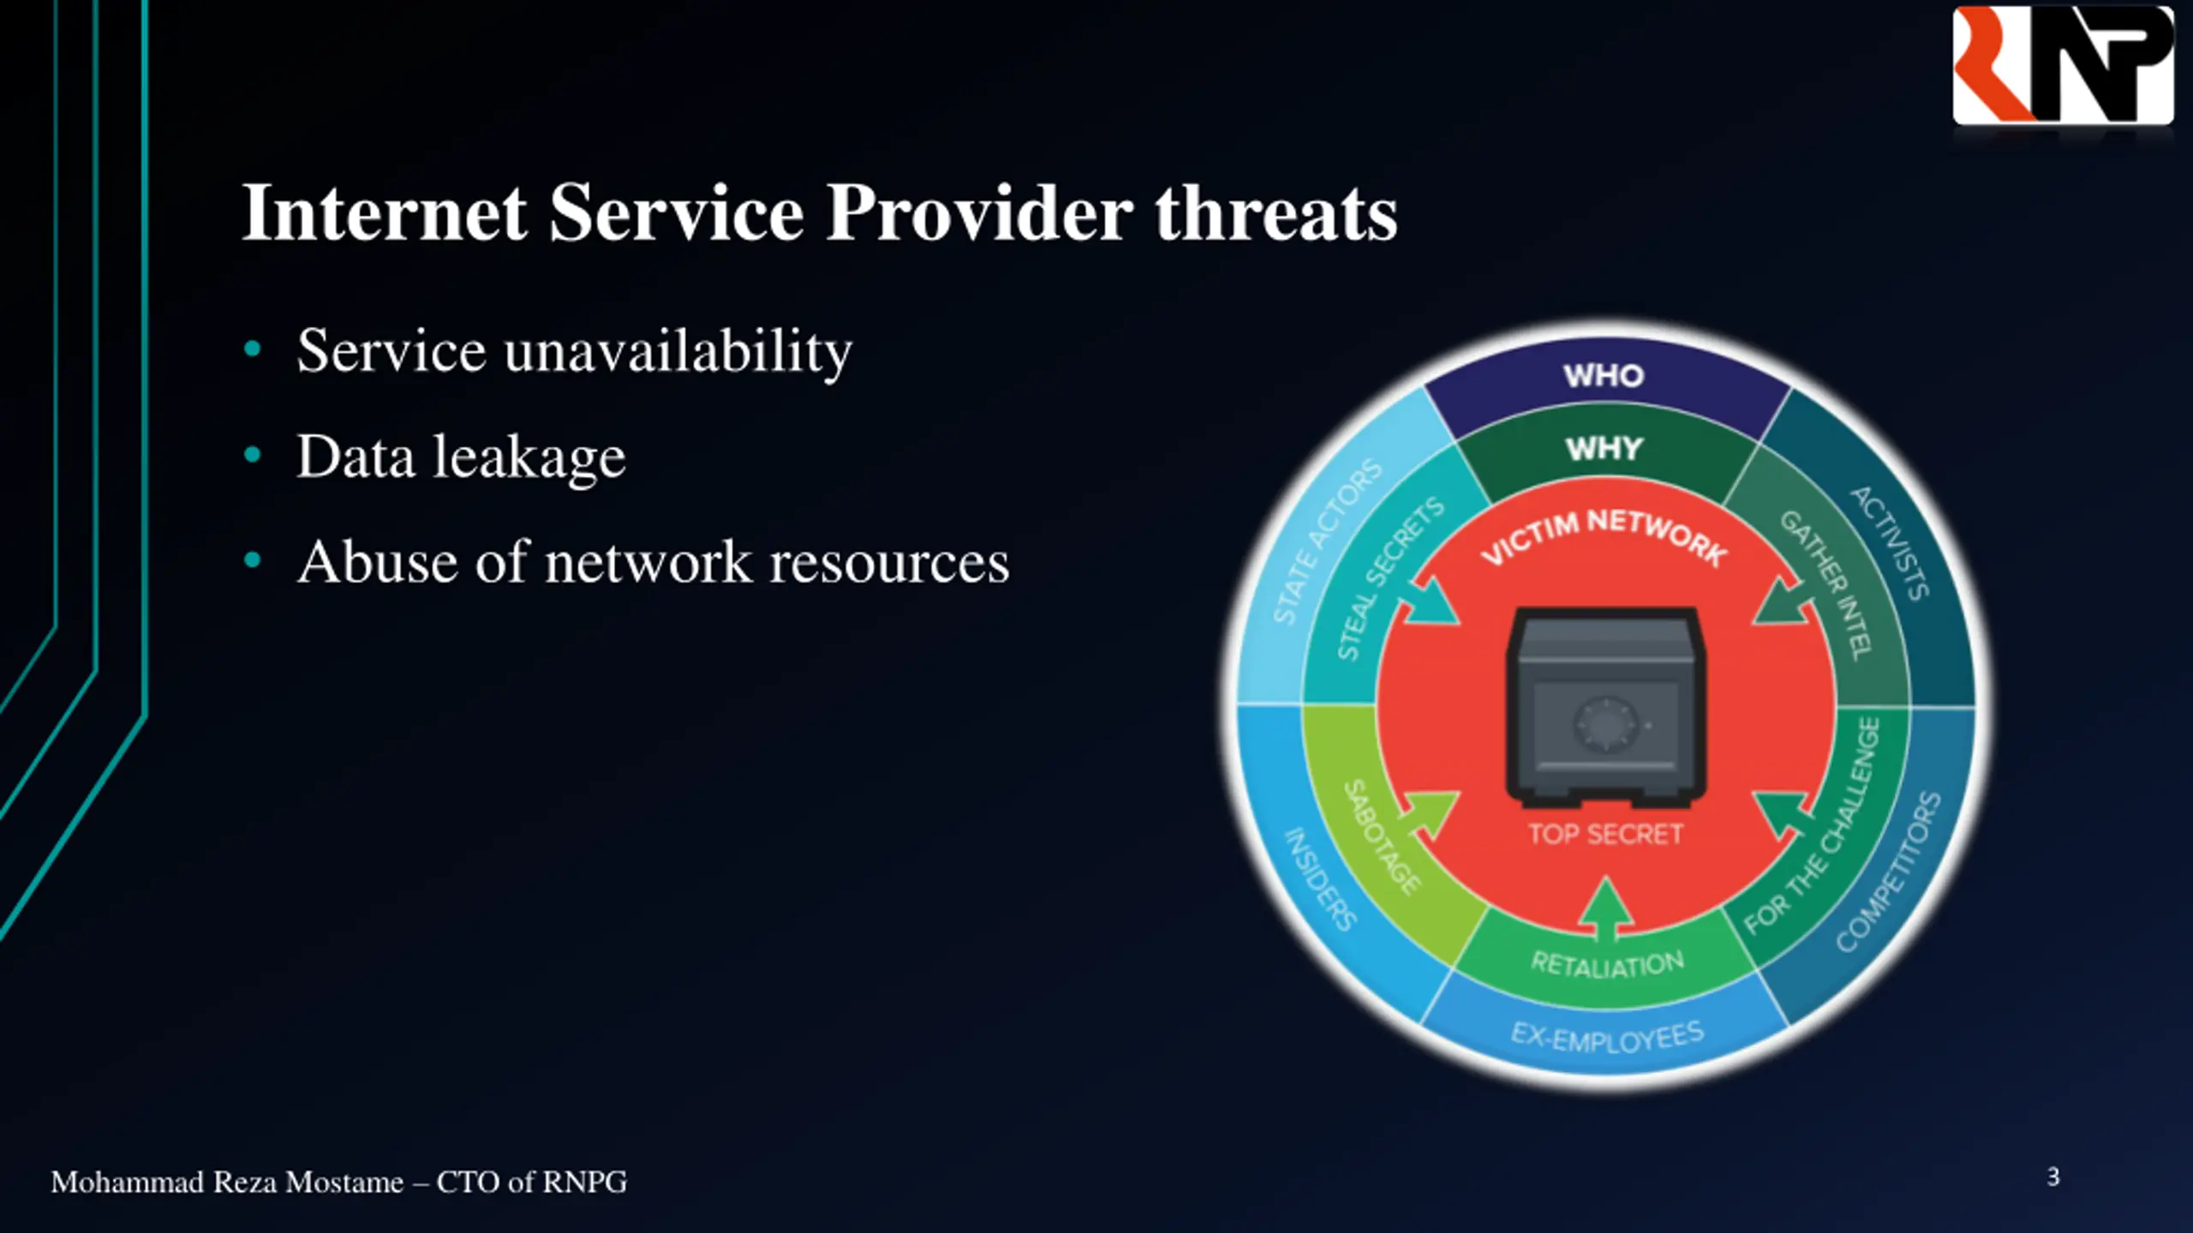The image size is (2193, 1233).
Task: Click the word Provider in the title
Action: tap(979, 213)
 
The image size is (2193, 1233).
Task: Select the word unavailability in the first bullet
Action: tap(678, 352)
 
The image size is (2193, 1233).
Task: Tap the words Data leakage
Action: tap(461, 456)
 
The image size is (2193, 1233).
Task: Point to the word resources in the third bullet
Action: tap(888, 563)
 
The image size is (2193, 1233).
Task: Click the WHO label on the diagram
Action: tap(1604, 376)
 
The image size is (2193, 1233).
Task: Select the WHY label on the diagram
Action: tap(1604, 449)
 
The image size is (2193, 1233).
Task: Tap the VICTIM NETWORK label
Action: tap(1604, 534)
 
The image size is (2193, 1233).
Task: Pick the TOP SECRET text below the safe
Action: tap(1605, 834)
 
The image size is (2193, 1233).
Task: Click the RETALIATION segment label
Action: tap(1607, 964)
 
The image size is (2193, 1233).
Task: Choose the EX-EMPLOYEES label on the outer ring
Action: tap(1607, 1037)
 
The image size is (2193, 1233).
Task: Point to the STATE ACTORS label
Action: tap(1326, 542)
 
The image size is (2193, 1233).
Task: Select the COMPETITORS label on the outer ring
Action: tap(1888, 873)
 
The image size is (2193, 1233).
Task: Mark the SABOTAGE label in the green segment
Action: tap(1381, 837)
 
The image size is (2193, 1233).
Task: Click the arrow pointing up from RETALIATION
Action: tap(1606, 909)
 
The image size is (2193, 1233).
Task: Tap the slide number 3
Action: tap(2053, 1177)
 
